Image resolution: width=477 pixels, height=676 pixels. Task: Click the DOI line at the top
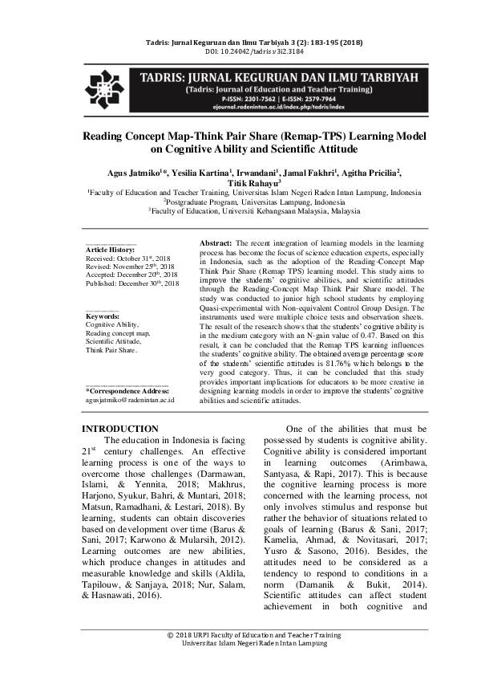click(x=239, y=51)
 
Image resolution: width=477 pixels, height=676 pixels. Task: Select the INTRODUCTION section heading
click(x=121, y=430)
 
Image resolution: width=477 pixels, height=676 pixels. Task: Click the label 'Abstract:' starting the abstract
click(x=215, y=242)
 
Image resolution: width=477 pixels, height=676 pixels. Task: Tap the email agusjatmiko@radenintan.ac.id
click(x=130, y=399)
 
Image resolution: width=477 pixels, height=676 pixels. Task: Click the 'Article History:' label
click(x=111, y=251)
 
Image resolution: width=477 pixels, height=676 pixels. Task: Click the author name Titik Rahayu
click(x=236, y=184)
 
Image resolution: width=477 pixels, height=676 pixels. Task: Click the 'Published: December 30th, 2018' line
click(x=132, y=284)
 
